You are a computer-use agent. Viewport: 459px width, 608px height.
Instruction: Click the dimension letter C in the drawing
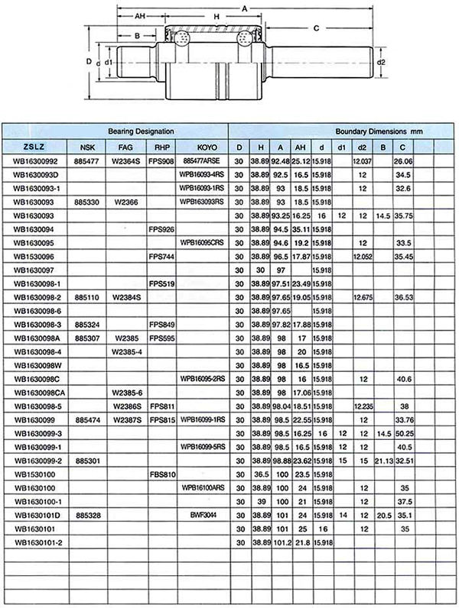point(315,28)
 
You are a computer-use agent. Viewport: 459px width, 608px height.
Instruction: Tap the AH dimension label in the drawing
point(140,16)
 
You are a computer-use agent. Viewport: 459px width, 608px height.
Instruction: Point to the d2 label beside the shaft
point(380,62)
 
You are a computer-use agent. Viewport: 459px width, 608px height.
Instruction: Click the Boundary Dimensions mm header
point(378,131)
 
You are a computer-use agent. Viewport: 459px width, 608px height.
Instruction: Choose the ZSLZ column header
point(34,147)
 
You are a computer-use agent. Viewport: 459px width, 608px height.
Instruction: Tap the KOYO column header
point(207,147)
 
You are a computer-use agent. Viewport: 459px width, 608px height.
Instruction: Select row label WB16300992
point(36,161)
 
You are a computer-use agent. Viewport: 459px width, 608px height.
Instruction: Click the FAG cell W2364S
point(126,161)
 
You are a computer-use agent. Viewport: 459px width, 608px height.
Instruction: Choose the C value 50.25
point(402,432)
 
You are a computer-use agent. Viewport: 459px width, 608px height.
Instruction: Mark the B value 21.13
point(383,460)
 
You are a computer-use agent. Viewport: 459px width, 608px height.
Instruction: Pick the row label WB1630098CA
point(38,392)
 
